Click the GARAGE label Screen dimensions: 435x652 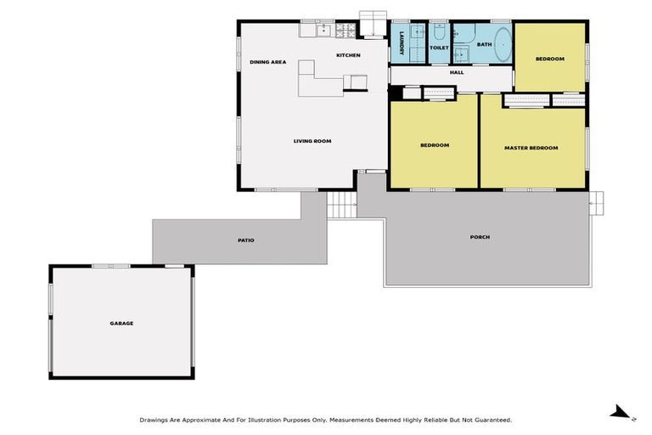pos(121,323)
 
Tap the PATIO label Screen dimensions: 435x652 pos(245,240)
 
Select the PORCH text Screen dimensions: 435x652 pos(480,237)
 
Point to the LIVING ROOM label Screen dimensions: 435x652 pos(312,141)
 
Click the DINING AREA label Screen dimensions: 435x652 pos(267,62)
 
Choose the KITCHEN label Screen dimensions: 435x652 pos(348,55)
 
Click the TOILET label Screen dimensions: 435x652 pos(439,48)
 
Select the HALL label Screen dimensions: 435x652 pos(457,73)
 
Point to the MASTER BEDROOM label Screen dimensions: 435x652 pos(531,148)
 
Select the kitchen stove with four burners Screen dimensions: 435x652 pos(346,31)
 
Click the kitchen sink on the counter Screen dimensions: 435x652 pos(323,31)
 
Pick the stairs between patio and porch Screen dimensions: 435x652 pos(341,205)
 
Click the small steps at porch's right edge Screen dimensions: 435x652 pos(597,201)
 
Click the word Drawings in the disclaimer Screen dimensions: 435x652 pos(154,420)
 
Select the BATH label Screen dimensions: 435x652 pos(484,44)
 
